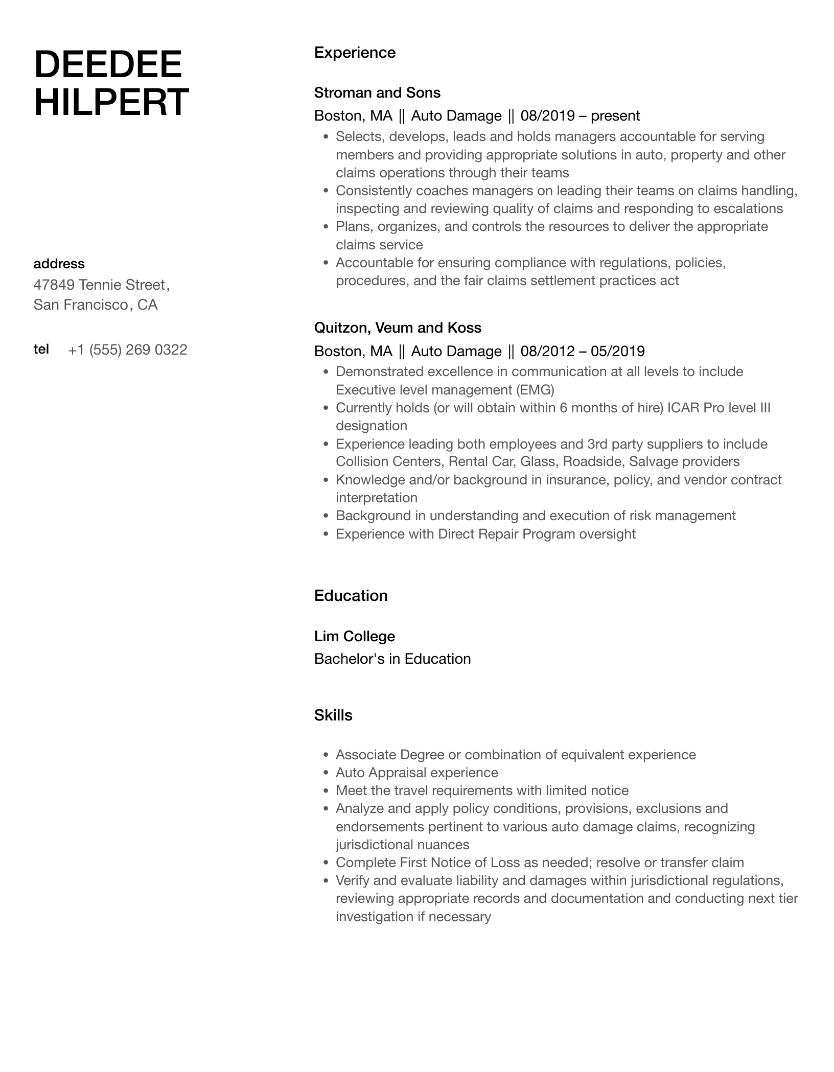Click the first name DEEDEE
pos(108,64)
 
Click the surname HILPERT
pos(111,102)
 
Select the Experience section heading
pos(355,53)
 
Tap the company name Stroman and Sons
pos(377,92)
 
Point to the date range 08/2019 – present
pos(580,116)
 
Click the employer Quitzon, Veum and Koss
pos(398,328)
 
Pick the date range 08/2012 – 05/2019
pos(583,351)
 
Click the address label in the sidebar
pos(59,264)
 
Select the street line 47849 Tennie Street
pos(101,285)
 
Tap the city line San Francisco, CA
pos(95,305)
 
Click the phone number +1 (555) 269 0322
pos(127,350)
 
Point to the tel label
pos(41,349)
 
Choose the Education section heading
pos(351,596)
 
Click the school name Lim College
pos(354,636)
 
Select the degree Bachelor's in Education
pos(392,659)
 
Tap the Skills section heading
pos(333,715)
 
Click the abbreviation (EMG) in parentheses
pos(535,390)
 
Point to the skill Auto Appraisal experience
pos(416,773)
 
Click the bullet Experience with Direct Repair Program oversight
pos(485,534)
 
